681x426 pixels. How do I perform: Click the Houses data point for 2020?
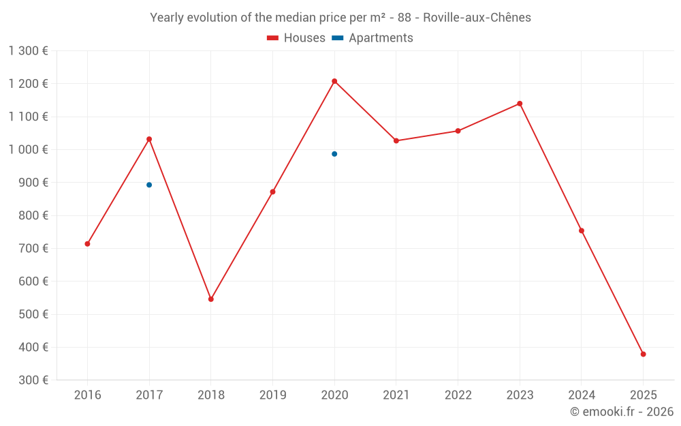point(334,81)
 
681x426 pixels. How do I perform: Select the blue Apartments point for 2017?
point(149,185)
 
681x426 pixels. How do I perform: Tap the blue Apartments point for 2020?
point(334,154)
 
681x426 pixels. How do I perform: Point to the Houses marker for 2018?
point(211,299)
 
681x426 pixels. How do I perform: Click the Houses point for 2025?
point(643,354)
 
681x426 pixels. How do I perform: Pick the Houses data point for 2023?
point(520,104)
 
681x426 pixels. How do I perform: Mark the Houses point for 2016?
point(87,244)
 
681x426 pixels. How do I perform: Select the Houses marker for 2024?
point(582,230)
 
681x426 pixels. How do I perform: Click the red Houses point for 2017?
point(149,139)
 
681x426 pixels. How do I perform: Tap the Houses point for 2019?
point(272,192)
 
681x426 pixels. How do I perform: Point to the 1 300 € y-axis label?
point(29,50)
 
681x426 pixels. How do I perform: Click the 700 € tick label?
point(35,249)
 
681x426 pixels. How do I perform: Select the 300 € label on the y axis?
point(35,380)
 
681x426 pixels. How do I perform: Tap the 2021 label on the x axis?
point(396,395)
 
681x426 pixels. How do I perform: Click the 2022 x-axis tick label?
point(458,395)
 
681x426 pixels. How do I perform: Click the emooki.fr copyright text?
point(622,412)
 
